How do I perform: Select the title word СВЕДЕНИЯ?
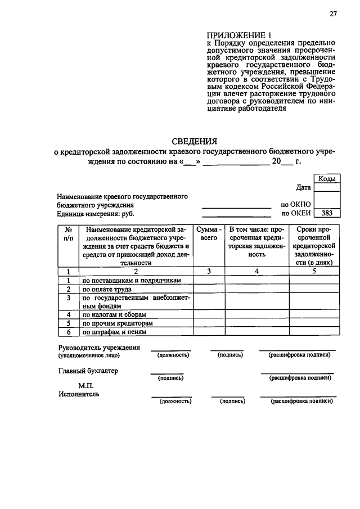click(x=194, y=141)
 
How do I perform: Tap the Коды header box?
click(x=327, y=178)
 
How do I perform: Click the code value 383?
click(x=327, y=214)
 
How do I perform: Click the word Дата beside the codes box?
click(x=303, y=187)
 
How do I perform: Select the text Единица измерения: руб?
click(x=96, y=214)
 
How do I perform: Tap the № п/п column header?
click(x=68, y=234)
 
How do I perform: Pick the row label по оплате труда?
click(x=107, y=289)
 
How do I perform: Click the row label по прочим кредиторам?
click(x=117, y=323)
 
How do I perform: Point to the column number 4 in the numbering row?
click(x=256, y=271)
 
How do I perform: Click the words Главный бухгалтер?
click(x=88, y=371)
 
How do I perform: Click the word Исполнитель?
click(x=79, y=394)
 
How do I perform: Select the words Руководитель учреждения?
click(x=99, y=348)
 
